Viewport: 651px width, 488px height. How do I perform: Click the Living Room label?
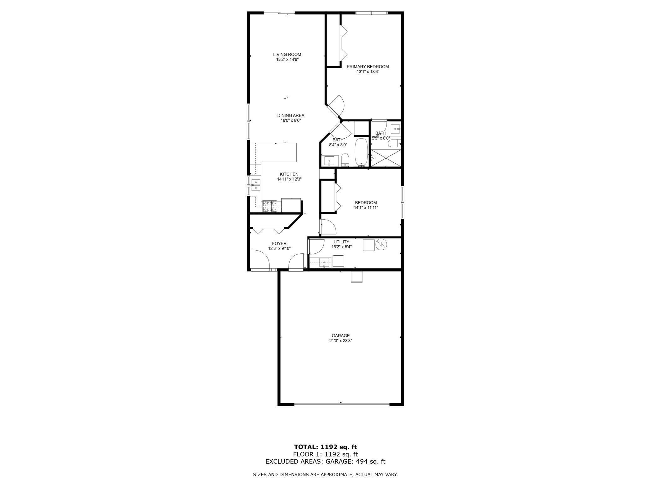[287, 54]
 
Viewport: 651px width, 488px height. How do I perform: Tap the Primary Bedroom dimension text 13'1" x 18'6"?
[368, 72]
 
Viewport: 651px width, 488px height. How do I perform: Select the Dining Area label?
[291, 115]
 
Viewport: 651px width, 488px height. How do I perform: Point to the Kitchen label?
[289, 174]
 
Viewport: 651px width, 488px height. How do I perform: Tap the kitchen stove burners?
[269, 206]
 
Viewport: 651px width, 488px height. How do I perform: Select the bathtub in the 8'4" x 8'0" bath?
[361, 152]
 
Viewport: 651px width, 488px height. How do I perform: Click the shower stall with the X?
[386, 158]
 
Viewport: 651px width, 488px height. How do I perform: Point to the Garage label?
[341, 336]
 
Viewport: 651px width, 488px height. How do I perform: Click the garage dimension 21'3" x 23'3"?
[341, 341]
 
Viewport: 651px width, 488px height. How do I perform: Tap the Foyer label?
[279, 244]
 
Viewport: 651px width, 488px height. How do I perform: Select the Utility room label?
[341, 242]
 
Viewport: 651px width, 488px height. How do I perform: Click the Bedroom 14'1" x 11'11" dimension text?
[366, 207]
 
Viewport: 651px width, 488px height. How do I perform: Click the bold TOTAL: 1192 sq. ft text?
[325, 447]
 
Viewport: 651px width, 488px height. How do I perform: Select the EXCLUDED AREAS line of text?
[325, 461]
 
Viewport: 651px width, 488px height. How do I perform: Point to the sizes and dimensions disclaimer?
[325, 475]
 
